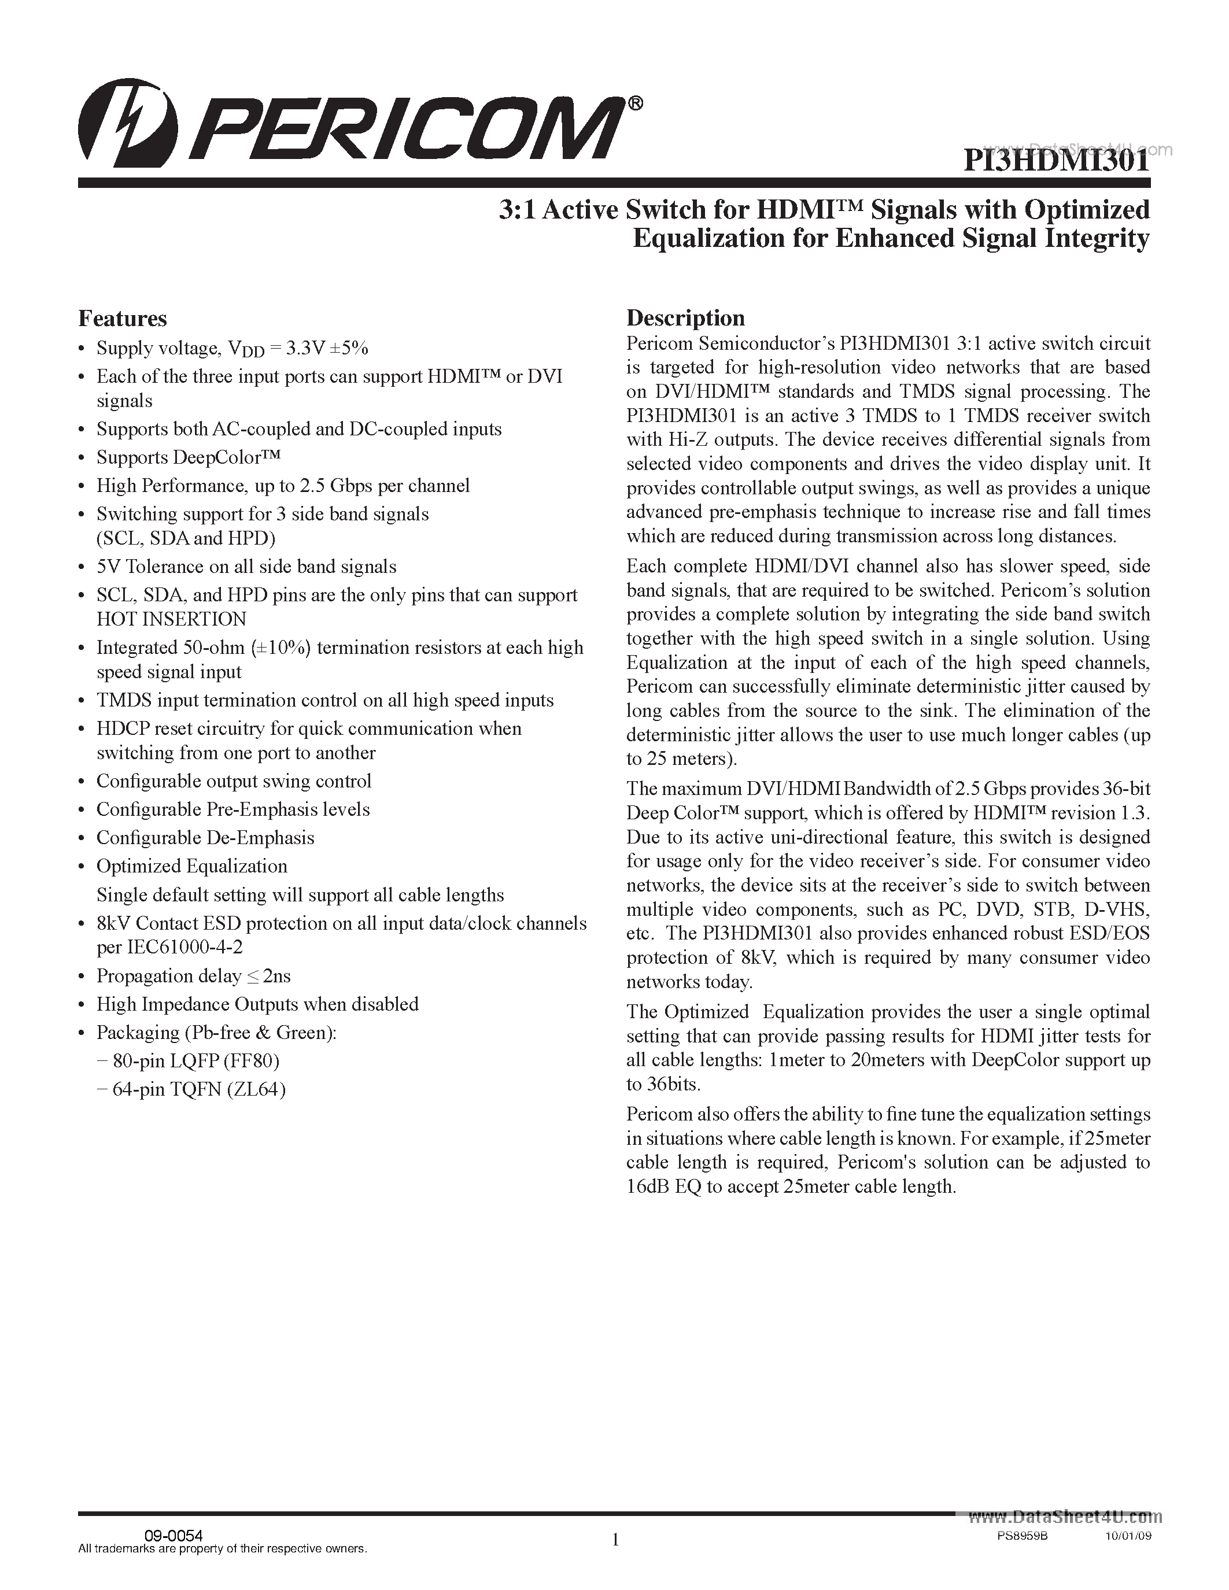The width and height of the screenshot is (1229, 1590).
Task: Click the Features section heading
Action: [x=122, y=319]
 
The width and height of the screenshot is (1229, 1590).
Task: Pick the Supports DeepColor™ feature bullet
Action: [x=188, y=457]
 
